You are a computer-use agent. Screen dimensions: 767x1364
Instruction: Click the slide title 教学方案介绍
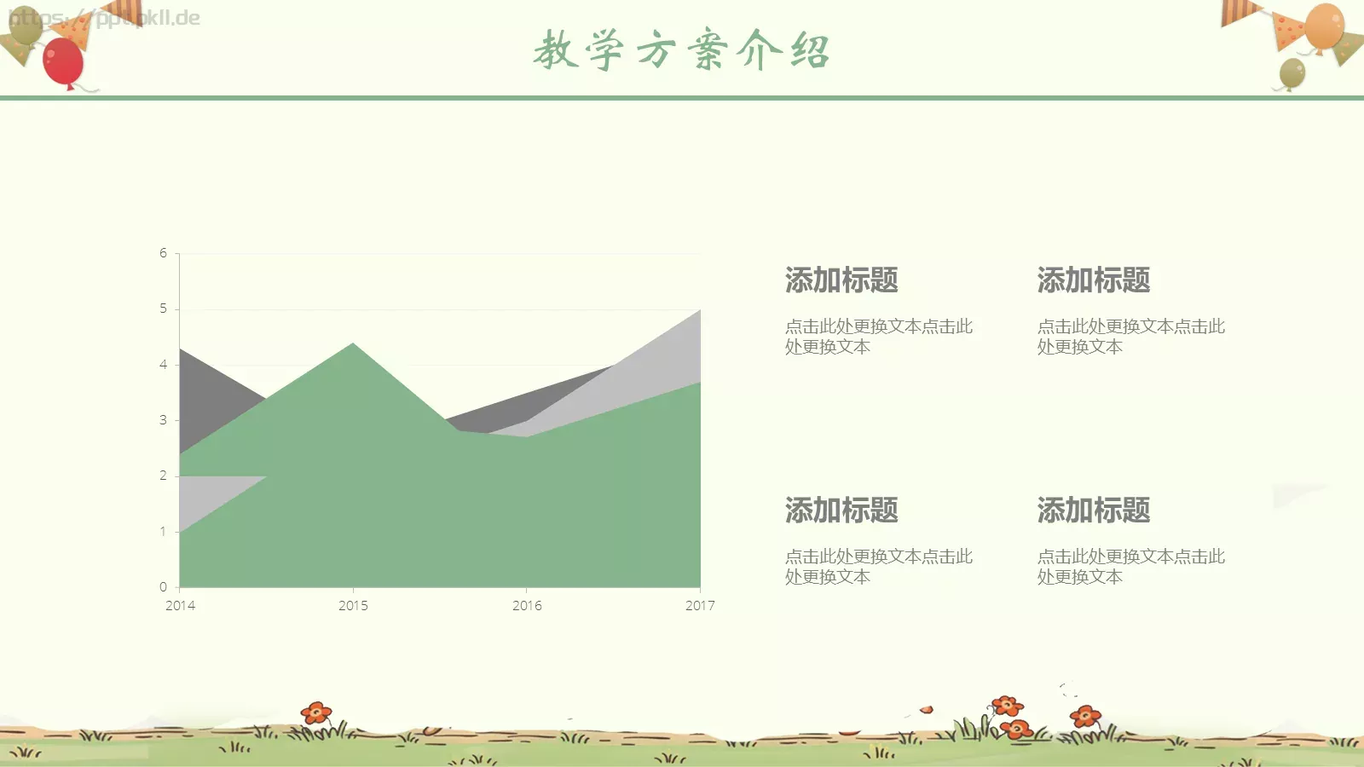pyautogui.click(x=681, y=50)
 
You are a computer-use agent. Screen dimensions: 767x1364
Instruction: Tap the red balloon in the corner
pyautogui.click(x=62, y=61)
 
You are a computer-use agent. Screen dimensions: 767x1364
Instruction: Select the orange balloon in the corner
pyautogui.click(x=1323, y=26)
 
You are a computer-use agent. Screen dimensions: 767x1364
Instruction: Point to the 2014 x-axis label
pyautogui.click(x=180, y=606)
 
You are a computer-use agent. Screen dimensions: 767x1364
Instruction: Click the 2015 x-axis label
pyautogui.click(x=353, y=606)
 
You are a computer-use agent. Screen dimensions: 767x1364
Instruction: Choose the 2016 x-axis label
pyautogui.click(x=527, y=606)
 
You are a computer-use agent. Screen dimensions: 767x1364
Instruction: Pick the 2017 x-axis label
pyautogui.click(x=700, y=606)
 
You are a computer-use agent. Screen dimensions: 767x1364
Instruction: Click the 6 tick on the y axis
pyautogui.click(x=163, y=253)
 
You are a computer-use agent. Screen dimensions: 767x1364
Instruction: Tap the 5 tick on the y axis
pyautogui.click(x=163, y=309)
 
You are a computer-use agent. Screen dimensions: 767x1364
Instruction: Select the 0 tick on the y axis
pyautogui.click(x=163, y=587)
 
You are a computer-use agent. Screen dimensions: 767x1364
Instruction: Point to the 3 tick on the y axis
pyautogui.click(x=163, y=420)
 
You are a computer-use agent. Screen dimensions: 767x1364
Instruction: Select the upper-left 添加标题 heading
pyautogui.click(x=841, y=280)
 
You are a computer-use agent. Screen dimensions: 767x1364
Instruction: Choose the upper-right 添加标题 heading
pyautogui.click(x=1094, y=280)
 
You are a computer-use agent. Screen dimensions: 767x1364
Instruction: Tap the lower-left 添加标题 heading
pyautogui.click(x=841, y=510)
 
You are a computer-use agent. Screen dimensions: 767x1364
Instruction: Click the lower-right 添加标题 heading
pyautogui.click(x=1094, y=510)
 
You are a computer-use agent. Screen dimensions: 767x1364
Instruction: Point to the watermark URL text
pyautogui.click(x=105, y=18)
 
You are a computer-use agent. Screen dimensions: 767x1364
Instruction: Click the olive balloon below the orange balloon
pyautogui.click(x=1292, y=74)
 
